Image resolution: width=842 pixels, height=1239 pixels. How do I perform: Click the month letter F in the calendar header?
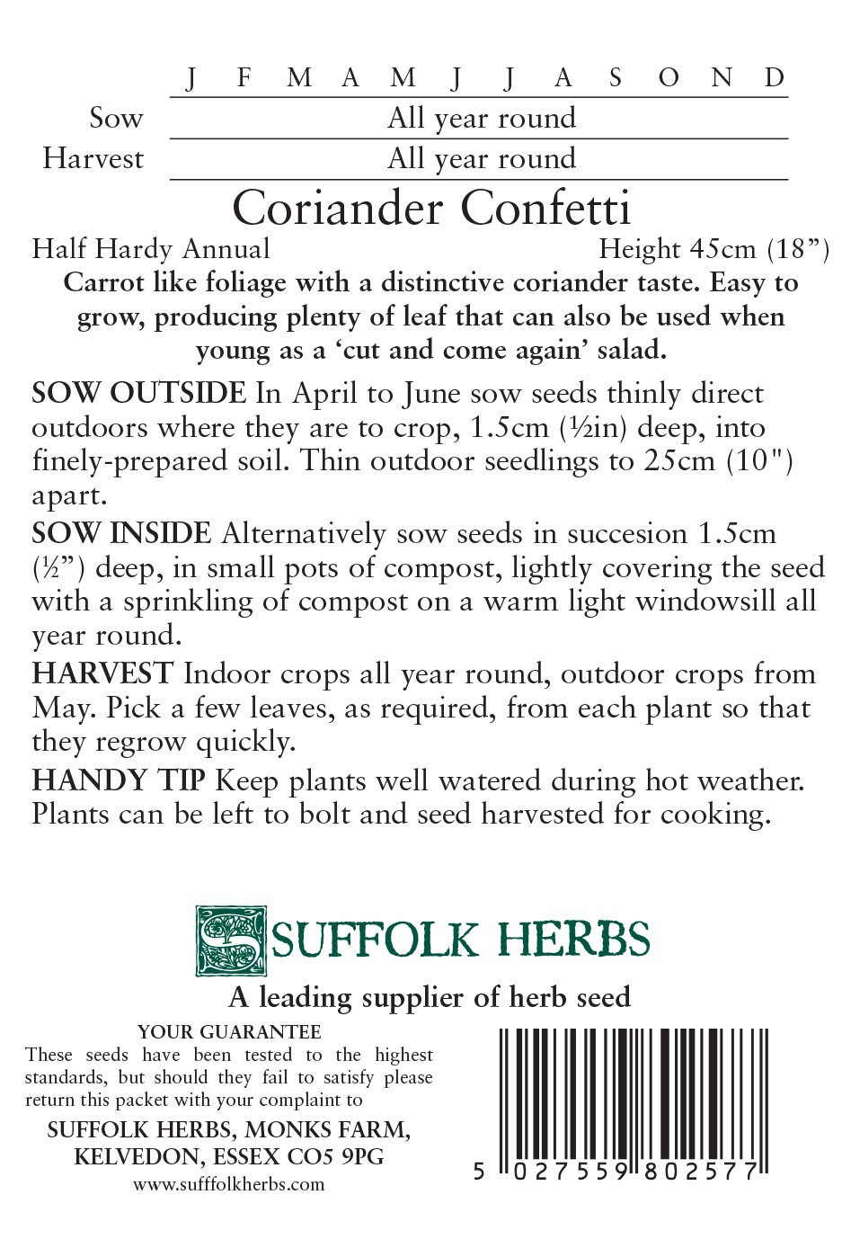(x=244, y=78)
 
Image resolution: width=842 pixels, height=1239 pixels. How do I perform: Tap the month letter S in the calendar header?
(x=615, y=78)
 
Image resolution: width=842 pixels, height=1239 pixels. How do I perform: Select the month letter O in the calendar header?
(x=668, y=78)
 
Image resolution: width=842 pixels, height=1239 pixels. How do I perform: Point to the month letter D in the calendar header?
(x=775, y=78)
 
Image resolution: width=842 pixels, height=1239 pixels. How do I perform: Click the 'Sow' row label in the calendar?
(x=116, y=118)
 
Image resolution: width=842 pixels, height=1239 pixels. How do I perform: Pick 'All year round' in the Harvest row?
(x=481, y=159)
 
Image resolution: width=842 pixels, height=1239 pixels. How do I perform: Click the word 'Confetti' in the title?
(x=546, y=209)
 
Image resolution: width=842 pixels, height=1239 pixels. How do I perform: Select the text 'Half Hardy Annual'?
(x=151, y=248)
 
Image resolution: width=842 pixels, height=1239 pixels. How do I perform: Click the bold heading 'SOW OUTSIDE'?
(x=138, y=393)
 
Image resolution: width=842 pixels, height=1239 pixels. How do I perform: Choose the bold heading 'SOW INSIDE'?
(x=121, y=533)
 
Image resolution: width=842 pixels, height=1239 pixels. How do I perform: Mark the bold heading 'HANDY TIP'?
(x=119, y=780)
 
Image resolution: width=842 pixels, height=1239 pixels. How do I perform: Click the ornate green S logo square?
(x=231, y=941)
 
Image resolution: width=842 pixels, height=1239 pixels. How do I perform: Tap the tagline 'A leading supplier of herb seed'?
(x=430, y=997)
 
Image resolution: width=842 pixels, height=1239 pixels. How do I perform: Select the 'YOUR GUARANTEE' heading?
(x=229, y=1031)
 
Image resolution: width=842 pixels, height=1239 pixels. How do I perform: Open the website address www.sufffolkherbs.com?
(x=229, y=1184)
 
